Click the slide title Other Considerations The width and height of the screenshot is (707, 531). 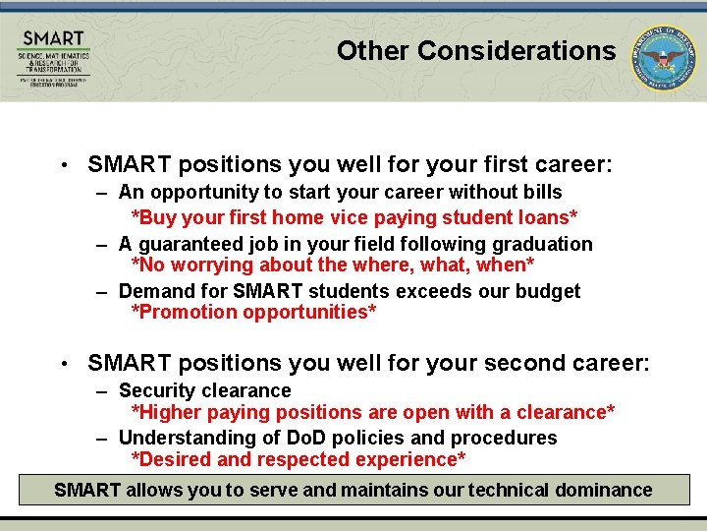click(x=476, y=51)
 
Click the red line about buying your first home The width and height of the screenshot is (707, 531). click(x=353, y=217)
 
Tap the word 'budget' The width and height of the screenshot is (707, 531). click(x=549, y=291)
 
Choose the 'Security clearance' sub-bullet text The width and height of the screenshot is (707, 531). click(x=204, y=390)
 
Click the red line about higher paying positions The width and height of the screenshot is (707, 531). click(x=373, y=412)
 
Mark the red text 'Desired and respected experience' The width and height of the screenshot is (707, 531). click(x=299, y=460)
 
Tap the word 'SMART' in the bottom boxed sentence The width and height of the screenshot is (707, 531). click(x=87, y=490)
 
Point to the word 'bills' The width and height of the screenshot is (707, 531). click(x=541, y=192)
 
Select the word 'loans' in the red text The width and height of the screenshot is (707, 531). click(x=545, y=217)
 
